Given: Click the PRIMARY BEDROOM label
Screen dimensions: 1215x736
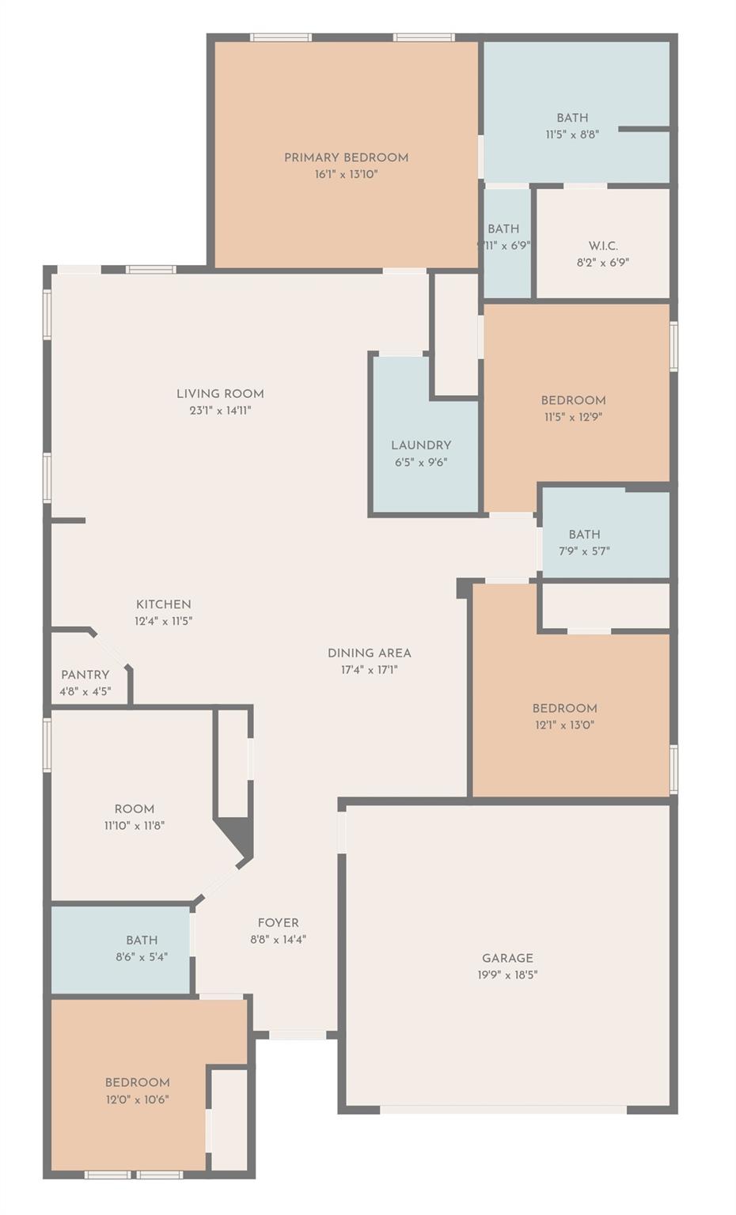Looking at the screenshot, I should tap(346, 157).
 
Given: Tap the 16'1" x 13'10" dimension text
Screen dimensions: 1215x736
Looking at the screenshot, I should tap(346, 174).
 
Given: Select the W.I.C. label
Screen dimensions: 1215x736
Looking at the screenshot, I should tap(603, 246).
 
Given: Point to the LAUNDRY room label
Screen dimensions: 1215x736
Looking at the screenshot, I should tap(421, 445).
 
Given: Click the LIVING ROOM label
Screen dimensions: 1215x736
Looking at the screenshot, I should tap(220, 394).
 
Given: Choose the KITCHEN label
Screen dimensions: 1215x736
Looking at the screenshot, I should tap(163, 604).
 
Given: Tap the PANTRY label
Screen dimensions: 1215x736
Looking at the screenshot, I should tap(85, 675).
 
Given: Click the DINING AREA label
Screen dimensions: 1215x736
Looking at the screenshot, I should tap(370, 653).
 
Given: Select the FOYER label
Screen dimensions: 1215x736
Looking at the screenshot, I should tap(279, 923).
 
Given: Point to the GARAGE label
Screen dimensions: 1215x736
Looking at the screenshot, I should tap(507, 958).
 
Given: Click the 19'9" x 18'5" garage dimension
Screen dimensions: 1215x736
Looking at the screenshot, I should tap(507, 975).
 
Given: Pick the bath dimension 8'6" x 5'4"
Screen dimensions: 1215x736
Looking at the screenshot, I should tap(142, 957).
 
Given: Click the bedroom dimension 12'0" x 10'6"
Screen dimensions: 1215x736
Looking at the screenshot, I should tap(138, 1100).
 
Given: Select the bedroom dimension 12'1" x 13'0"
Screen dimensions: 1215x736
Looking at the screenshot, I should tap(564, 725).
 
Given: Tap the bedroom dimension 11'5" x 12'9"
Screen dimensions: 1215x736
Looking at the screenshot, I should tap(573, 417).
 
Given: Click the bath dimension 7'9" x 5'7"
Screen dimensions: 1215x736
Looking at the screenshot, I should tap(584, 551).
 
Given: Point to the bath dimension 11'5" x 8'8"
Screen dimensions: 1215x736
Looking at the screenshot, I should tap(572, 134).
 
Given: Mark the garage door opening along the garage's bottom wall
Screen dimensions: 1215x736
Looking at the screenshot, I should tap(504, 1110).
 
